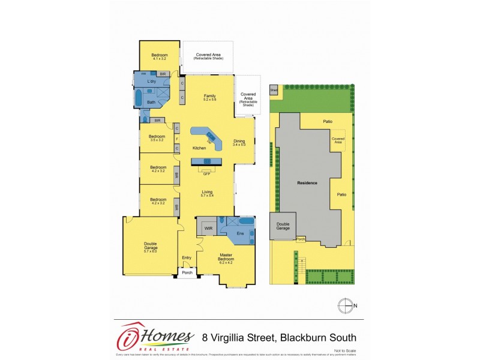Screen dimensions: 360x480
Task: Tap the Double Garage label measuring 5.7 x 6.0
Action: [150, 245]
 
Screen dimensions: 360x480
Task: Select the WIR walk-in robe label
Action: [208, 229]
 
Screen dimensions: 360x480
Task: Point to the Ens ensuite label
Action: [241, 232]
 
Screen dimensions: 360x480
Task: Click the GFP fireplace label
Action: [206, 173]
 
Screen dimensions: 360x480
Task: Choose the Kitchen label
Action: [199, 148]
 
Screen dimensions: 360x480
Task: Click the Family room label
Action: [209, 97]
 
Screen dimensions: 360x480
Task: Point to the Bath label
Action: [151, 101]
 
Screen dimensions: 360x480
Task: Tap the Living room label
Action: [207, 192]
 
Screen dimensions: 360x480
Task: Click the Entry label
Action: [187, 258]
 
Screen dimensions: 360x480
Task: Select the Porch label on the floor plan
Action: [187, 272]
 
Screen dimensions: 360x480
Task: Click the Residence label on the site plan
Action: [307, 182]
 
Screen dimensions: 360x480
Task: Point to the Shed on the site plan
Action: [274, 90]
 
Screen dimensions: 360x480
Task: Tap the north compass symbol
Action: [345, 306]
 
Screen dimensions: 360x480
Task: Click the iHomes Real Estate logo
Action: [155, 337]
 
